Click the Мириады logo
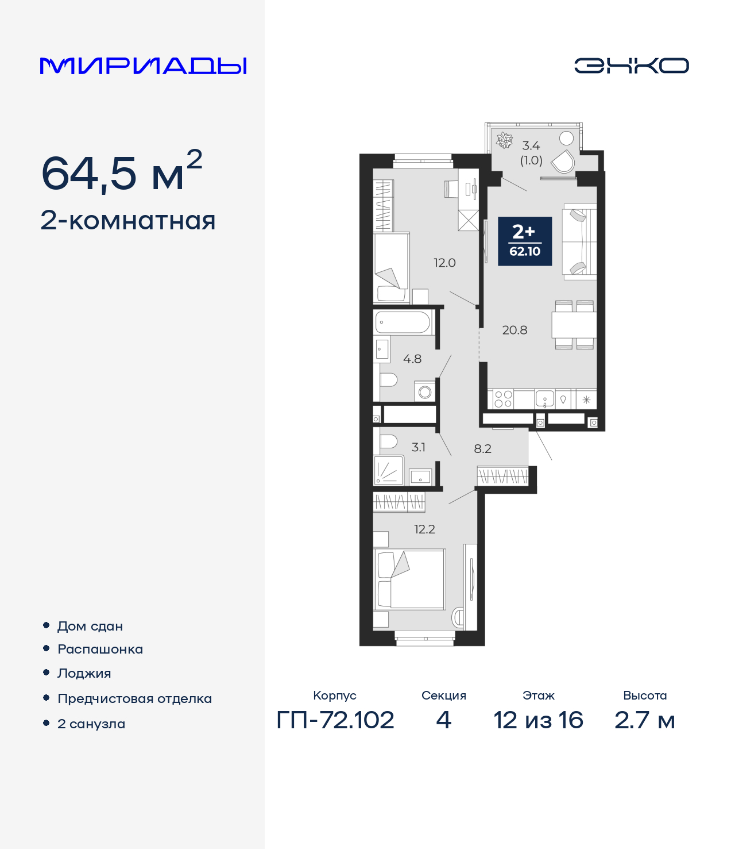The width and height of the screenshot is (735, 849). pyautogui.click(x=144, y=66)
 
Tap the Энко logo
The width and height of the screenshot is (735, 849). pyautogui.click(x=631, y=66)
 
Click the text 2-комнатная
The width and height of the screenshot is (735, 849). pyautogui.click(x=128, y=221)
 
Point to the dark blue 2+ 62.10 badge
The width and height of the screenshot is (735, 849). pyautogui.click(x=525, y=241)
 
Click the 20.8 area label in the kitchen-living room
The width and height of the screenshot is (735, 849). pyautogui.click(x=514, y=330)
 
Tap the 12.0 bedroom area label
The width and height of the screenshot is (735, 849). pyautogui.click(x=444, y=263)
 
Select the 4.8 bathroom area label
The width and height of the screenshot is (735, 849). pyautogui.click(x=412, y=359)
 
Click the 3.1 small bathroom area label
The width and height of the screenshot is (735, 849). pyautogui.click(x=419, y=447)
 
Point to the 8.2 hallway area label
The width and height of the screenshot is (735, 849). pyautogui.click(x=482, y=448)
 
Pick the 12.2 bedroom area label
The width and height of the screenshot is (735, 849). pyautogui.click(x=424, y=529)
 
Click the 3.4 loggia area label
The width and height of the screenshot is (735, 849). pyautogui.click(x=531, y=146)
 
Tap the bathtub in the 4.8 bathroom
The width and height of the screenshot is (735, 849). pyautogui.click(x=403, y=322)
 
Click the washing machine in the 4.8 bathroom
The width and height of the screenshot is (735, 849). pyautogui.click(x=425, y=392)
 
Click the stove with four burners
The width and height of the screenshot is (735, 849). pyautogui.click(x=504, y=399)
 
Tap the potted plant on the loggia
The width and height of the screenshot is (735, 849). pyautogui.click(x=504, y=140)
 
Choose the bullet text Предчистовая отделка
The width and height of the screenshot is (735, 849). pyautogui.click(x=134, y=698)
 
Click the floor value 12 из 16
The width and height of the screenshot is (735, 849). pyautogui.click(x=538, y=720)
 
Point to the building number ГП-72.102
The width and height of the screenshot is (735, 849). pyautogui.click(x=335, y=720)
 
